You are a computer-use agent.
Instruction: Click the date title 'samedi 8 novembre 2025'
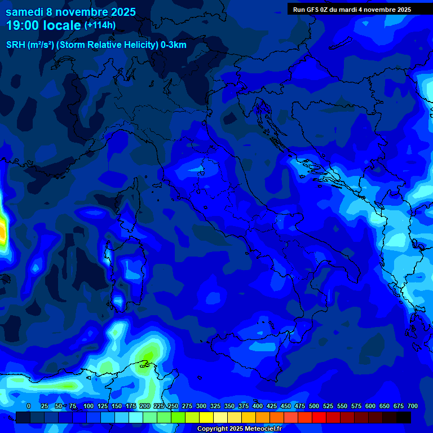pos(70,11)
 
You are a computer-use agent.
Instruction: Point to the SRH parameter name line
pos(96,45)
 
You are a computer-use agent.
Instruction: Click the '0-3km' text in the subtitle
pos(174,45)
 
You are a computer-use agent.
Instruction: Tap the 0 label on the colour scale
pos(29,407)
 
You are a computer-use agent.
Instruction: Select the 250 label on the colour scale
pos(173,407)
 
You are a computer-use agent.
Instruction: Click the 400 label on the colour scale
pos(258,407)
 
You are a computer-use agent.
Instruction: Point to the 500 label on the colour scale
pos(314,407)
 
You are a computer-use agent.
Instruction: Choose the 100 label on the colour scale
pos(88,407)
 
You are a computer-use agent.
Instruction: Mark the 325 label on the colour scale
pos(215,407)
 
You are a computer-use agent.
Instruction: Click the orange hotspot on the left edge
pos(2,231)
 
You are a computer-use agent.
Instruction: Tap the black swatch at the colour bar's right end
pos(404,418)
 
